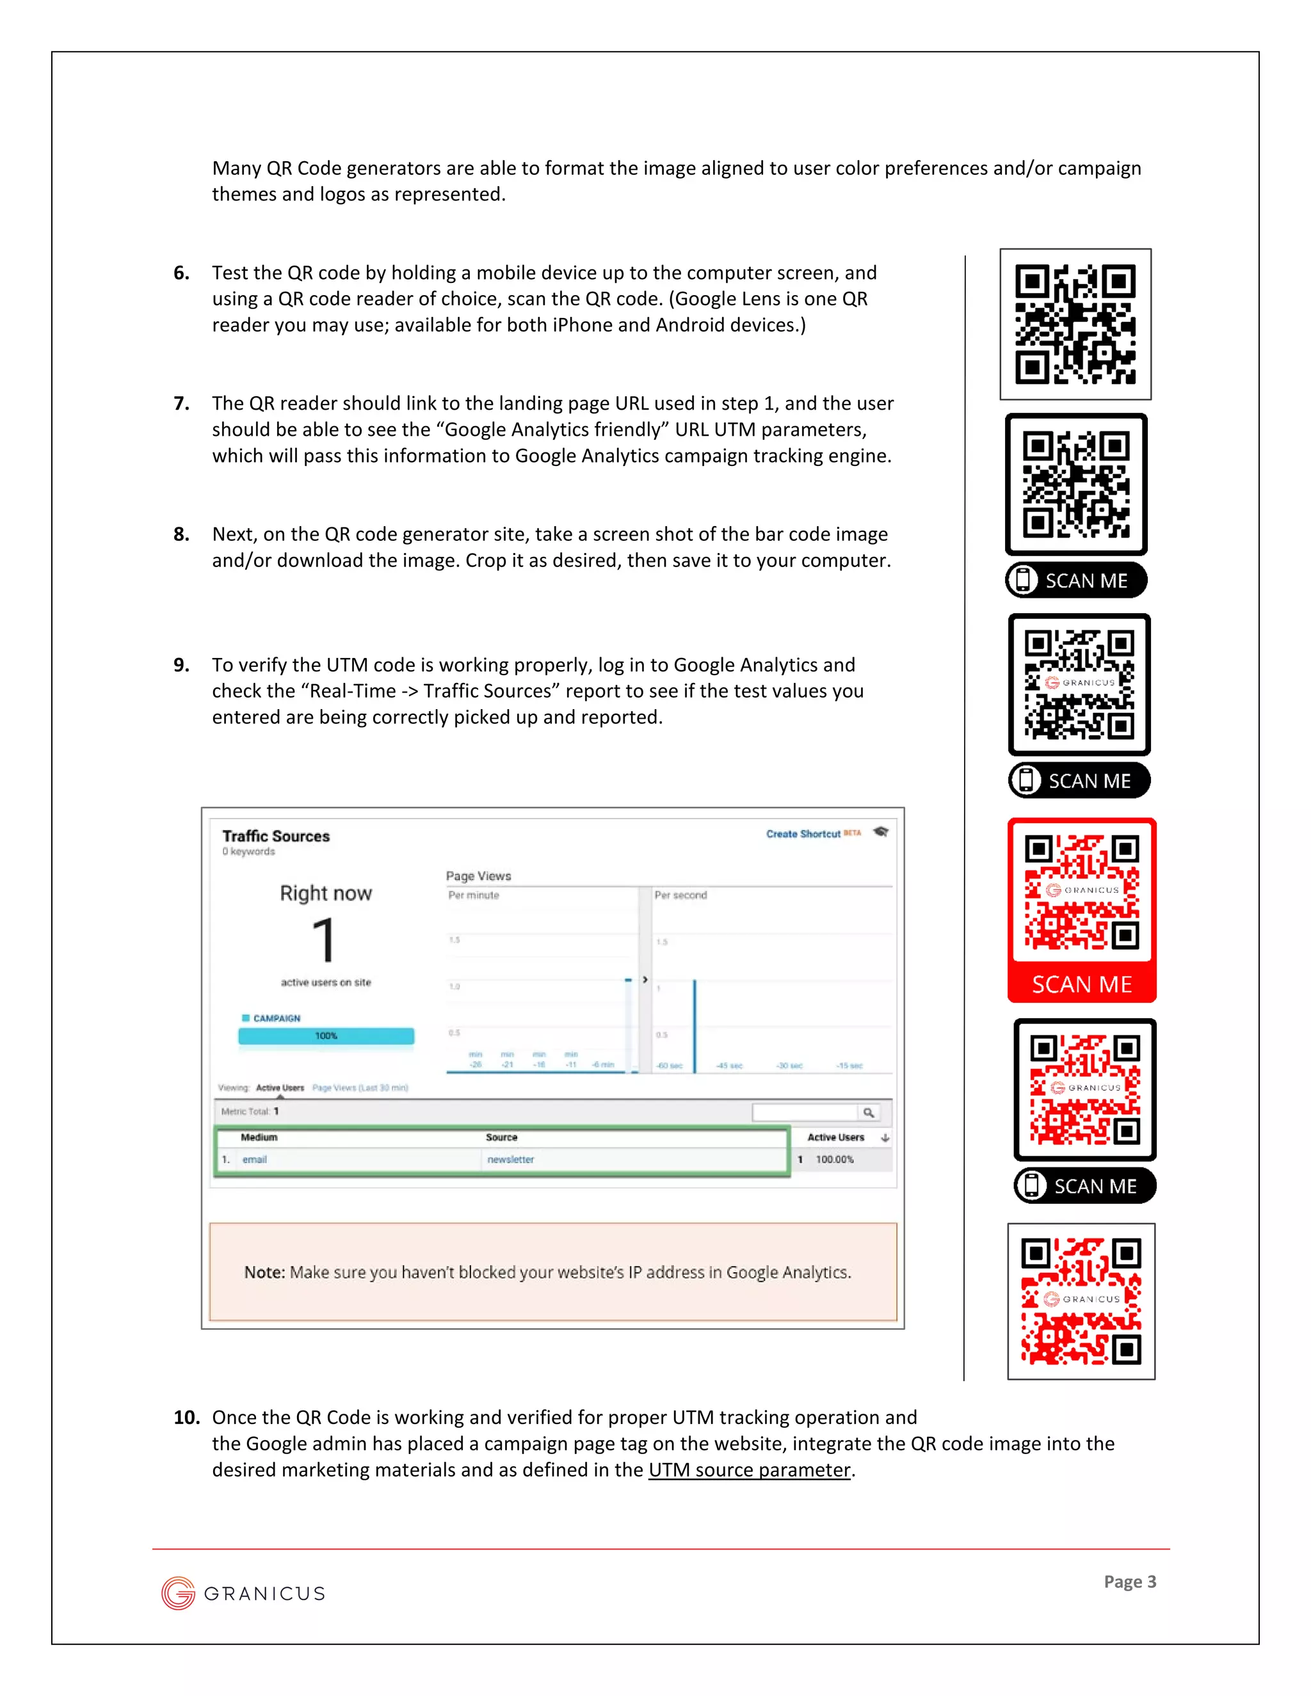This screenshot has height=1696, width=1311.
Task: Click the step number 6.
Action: coord(181,273)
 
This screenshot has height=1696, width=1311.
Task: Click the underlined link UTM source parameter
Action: coord(750,1470)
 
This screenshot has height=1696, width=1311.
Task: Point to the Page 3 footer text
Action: coord(1129,1582)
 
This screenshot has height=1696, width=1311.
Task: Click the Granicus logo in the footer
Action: coord(243,1594)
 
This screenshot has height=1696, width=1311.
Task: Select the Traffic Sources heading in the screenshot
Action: coord(276,836)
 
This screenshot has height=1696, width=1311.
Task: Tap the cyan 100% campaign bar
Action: coord(326,1036)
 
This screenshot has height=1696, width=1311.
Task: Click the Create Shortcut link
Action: coord(803,834)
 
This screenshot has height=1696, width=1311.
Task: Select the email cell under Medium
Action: coord(254,1160)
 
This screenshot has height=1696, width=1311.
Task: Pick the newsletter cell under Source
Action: coord(510,1160)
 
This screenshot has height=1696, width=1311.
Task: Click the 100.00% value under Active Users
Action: coord(834,1160)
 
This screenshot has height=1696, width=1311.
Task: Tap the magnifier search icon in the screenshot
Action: coord(868,1113)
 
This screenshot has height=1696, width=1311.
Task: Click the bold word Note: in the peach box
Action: coord(265,1272)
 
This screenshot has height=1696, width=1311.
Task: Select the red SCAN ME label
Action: coord(1081,985)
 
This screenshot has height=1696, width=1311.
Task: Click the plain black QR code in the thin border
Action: coord(1075,324)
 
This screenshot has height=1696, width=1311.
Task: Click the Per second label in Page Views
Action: coord(680,895)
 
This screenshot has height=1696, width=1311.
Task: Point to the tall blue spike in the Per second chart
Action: coord(695,1025)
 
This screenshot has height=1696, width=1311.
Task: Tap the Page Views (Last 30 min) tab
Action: coord(360,1088)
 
